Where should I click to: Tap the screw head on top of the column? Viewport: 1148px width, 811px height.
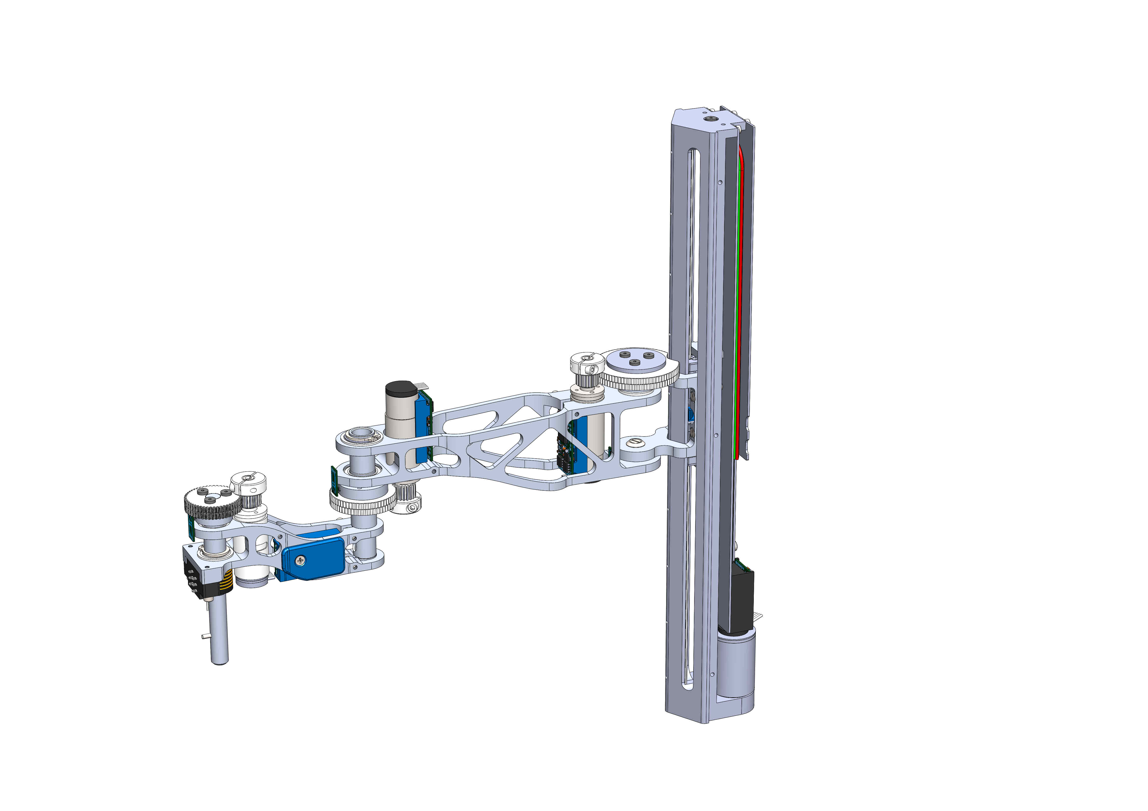[711, 119]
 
